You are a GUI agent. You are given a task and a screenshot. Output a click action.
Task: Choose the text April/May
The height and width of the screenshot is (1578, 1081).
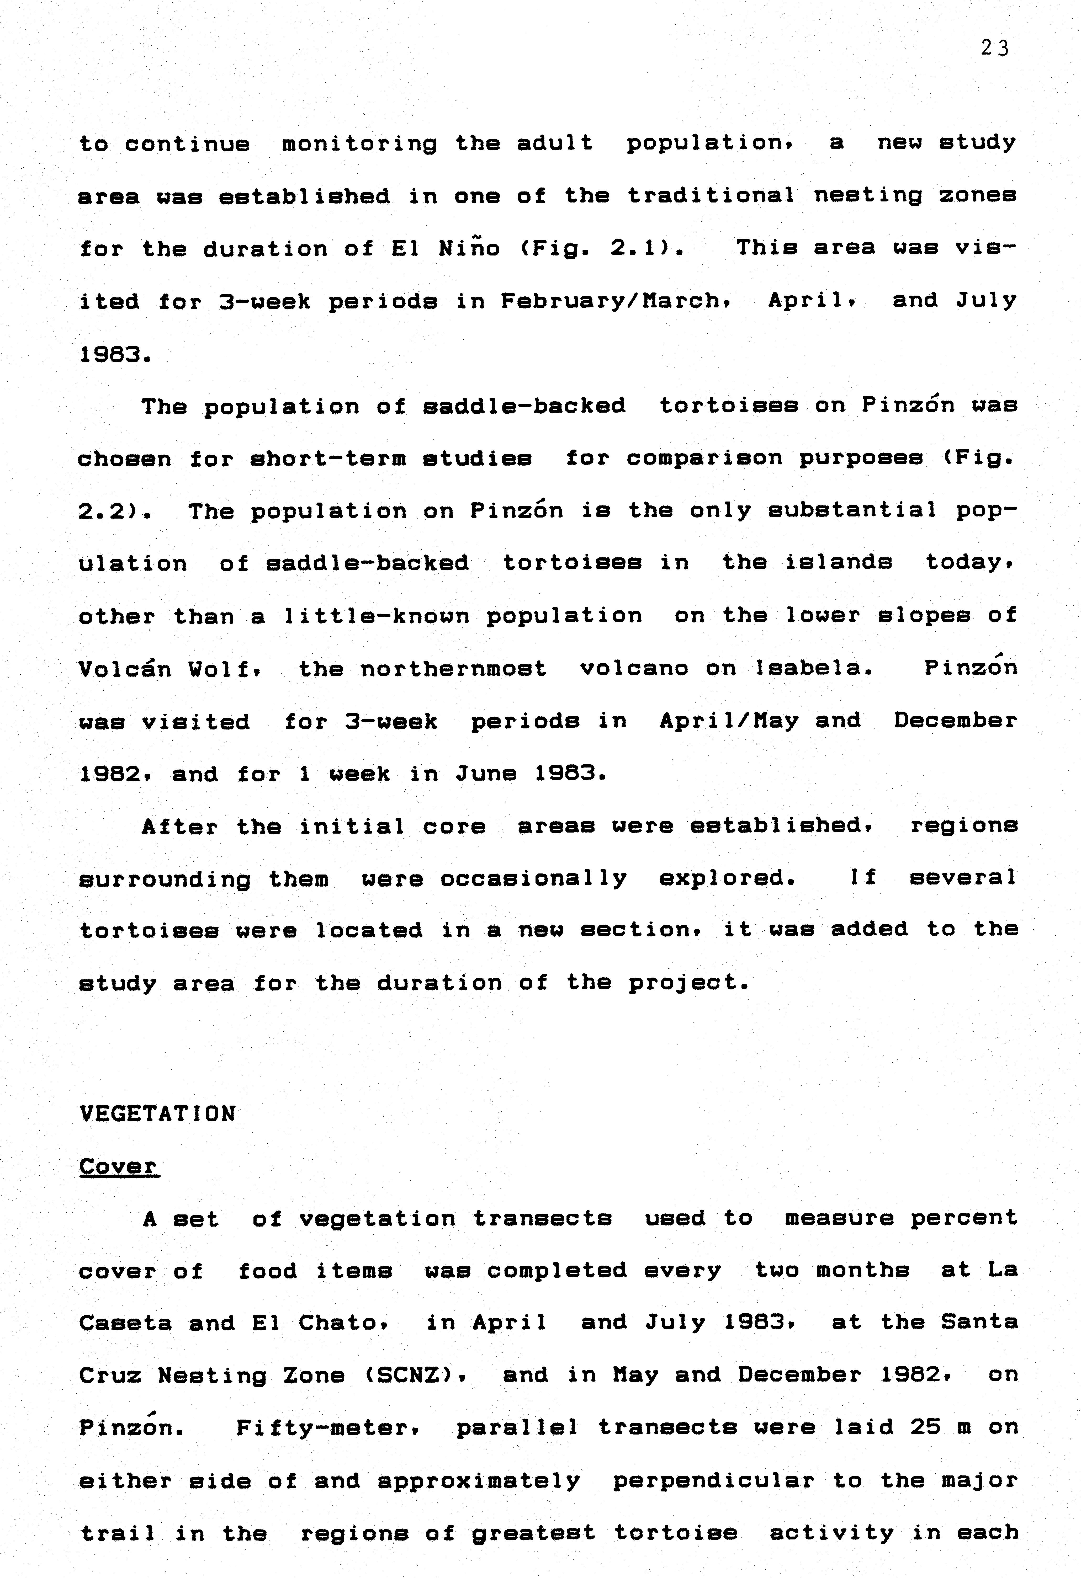pyautogui.click(x=729, y=721)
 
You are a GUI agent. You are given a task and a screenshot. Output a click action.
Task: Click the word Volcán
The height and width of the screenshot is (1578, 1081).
pyautogui.click(x=125, y=669)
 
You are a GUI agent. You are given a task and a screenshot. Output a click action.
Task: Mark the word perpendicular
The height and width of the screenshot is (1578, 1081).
pyautogui.click(x=713, y=1481)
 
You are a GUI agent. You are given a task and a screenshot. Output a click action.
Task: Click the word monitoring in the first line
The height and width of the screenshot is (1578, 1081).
pyautogui.click(x=359, y=143)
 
